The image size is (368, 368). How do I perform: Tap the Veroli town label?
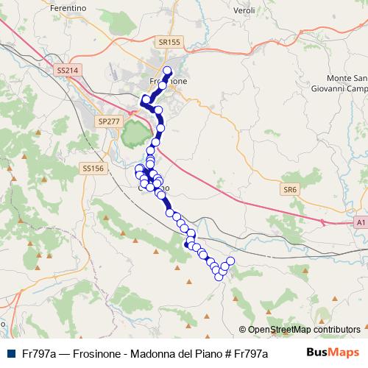(x=243, y=11)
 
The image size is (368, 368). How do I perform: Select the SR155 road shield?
(x=170, y=43)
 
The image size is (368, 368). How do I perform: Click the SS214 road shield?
(x=67, y=71)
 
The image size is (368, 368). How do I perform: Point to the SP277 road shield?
(x=108, y=121)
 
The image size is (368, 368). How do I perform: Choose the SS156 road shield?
(x=93, y=169)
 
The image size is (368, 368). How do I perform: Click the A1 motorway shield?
(x=360, y=221)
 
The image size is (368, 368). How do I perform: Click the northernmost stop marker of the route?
(x=167, y=71)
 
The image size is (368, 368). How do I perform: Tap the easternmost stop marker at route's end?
(x=230, y=261)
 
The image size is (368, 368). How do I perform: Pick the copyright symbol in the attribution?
(x=243, y=330)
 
